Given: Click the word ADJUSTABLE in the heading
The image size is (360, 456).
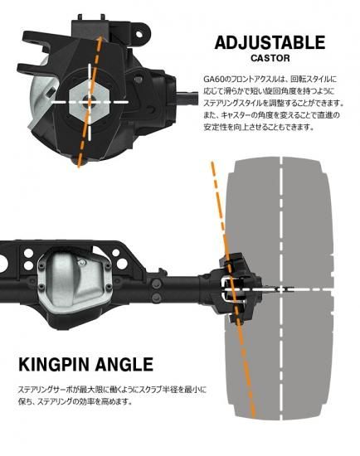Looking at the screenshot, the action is [270, 43].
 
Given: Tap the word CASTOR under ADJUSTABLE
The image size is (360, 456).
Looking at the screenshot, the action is [270, 58].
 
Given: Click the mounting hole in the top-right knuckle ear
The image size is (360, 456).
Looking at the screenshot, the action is [139, 34].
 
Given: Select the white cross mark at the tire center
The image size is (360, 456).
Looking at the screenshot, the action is [280, 289].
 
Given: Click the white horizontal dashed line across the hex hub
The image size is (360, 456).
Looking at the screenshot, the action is [90, 102].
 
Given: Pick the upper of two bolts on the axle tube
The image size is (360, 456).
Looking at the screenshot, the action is [157, 282].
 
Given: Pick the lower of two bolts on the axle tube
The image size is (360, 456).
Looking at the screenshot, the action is [157, 297].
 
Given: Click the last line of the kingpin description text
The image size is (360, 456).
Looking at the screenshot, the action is [75, 401].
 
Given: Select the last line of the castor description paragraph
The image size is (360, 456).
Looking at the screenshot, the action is [259, 127].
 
